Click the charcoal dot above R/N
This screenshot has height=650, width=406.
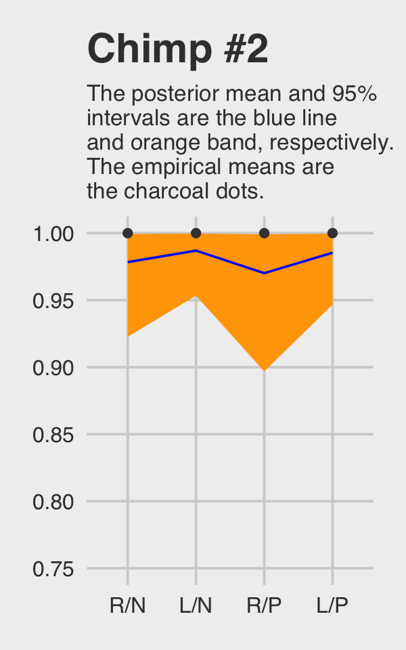pyautogui.click(x=128, y=234)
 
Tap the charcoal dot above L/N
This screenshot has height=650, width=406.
pyautogui.click(x=196, y=234)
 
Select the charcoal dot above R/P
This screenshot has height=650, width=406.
pyautogui.click(x=265, y=234)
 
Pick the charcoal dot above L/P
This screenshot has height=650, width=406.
pyautogui.click(x=332, y=234)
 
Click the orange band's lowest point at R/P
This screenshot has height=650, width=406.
pyautogui.click(x=265, y=369)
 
